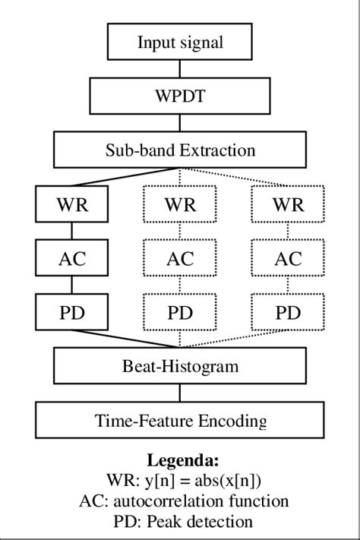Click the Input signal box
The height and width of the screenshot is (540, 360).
pos(180,43)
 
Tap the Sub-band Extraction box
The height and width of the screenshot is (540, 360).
pos(180,150)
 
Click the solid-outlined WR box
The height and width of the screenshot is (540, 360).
pos(71,204)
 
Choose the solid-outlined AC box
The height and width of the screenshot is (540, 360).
pos(71,258)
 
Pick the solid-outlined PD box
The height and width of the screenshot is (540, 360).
pos(71,311)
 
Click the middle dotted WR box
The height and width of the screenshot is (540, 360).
pos(180,204)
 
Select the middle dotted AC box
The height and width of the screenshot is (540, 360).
pos(180,258)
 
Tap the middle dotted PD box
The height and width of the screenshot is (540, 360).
pos(180,311)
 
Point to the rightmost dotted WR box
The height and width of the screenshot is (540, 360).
pos(288,204)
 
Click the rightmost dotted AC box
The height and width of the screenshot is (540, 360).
pos(288,258)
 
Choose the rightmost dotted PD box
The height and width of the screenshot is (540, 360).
pos(288,311)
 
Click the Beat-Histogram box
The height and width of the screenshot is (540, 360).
pos(180,367)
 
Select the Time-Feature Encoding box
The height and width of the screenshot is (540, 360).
pos(180,420)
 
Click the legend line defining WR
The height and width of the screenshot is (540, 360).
pos(180,482)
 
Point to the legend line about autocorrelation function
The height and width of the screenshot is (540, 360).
pos(180,501)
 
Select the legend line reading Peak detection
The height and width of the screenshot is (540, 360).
pos(180,522)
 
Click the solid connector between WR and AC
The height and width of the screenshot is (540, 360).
pos(71,231)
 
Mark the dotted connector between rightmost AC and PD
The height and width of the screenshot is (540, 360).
pos(288,285)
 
